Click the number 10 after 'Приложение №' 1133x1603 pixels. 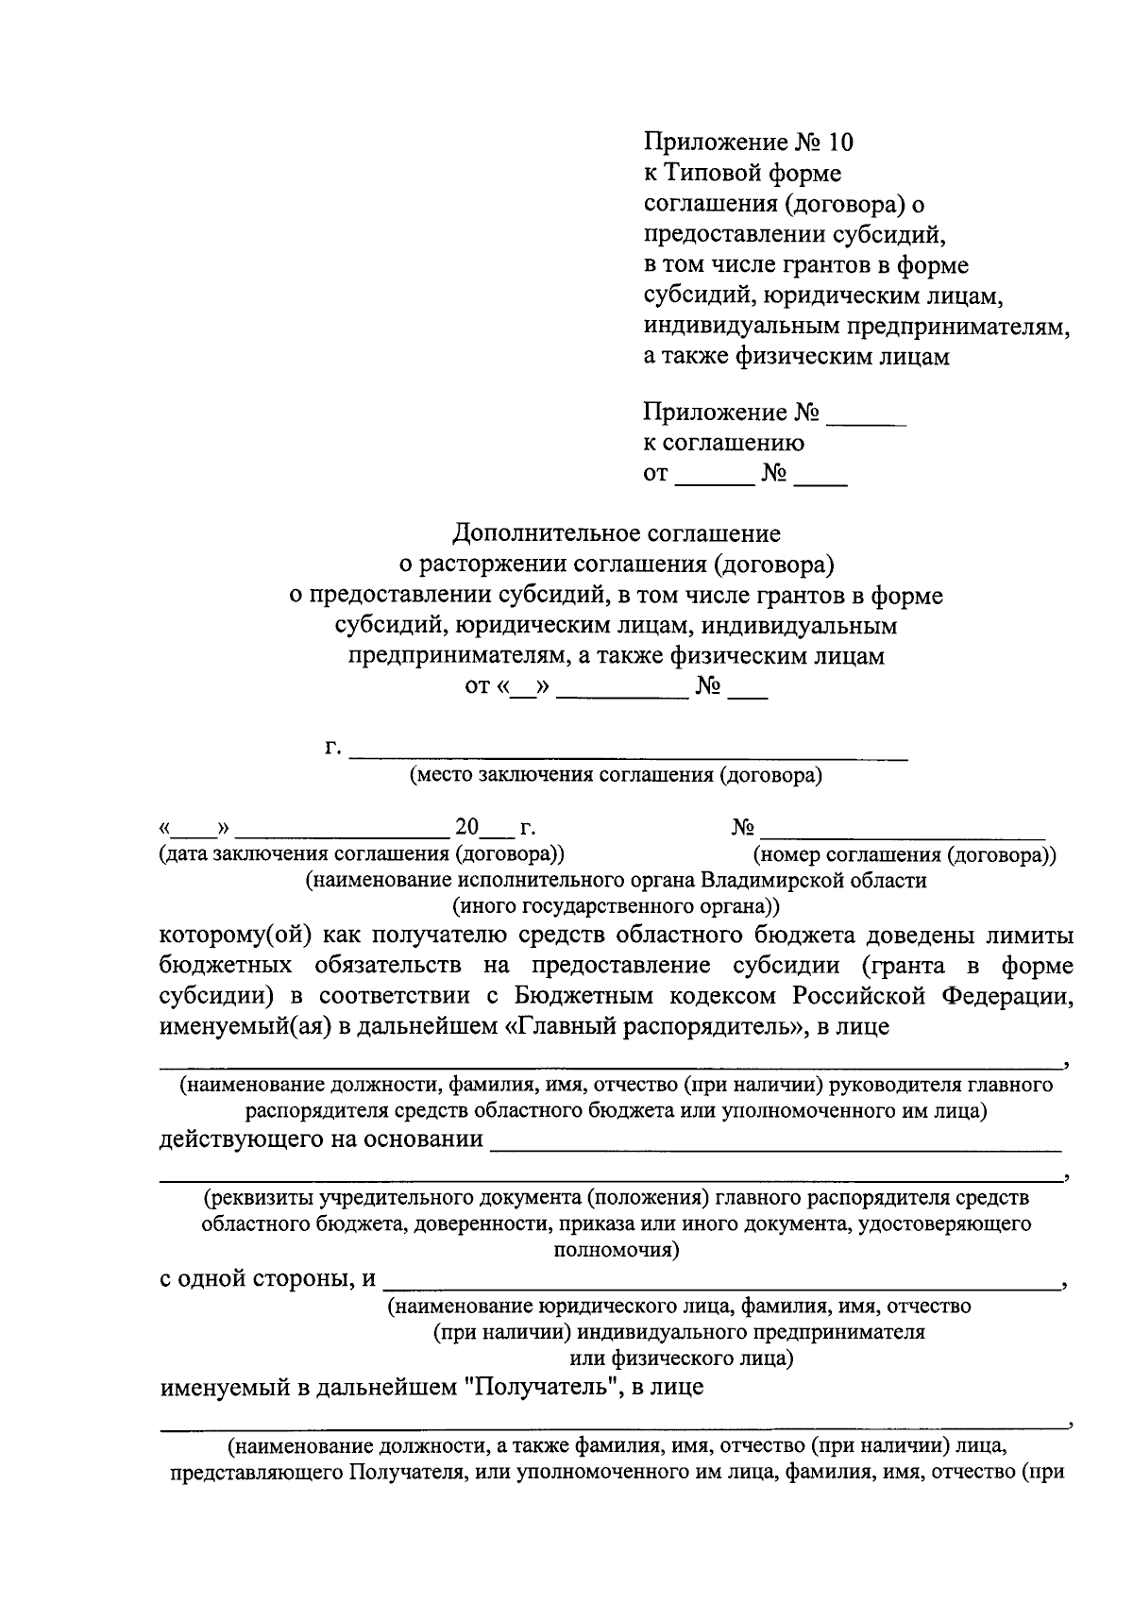click(x=839, y=143)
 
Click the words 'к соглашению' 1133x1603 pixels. click(x=723, y=443)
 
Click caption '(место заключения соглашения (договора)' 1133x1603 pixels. click(x=615, y=776)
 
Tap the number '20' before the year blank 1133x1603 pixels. click(x=467, y=827)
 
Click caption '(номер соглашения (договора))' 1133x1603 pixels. click(x=904, y=855)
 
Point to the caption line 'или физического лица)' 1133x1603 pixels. click(x=681, y=1358)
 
